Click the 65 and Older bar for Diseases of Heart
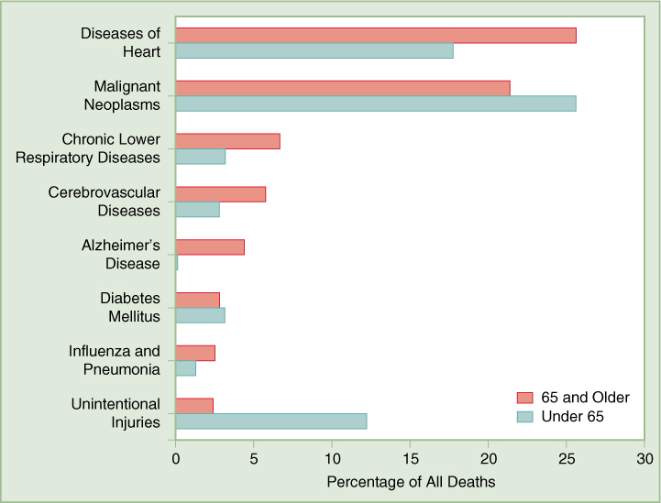[376, 35]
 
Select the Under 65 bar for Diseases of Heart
[314, 51]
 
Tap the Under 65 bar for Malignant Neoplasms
[376, 104]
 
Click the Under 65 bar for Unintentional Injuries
[271, 421]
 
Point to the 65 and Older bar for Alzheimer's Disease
[210, 246]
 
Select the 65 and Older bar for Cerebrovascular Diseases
[221, 194]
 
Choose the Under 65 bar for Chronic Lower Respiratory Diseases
[201, 157]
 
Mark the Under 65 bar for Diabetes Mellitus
[201, 316]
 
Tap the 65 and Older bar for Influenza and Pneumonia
[195, 353]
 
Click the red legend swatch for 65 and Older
[524, 398]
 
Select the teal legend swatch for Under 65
[524, 416]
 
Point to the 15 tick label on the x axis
[411, 458]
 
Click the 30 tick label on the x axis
[645, 458]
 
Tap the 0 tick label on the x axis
[176, 458]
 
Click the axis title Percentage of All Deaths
[411, 481]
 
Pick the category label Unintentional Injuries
[116, 413]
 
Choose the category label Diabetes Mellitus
[130, 308]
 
